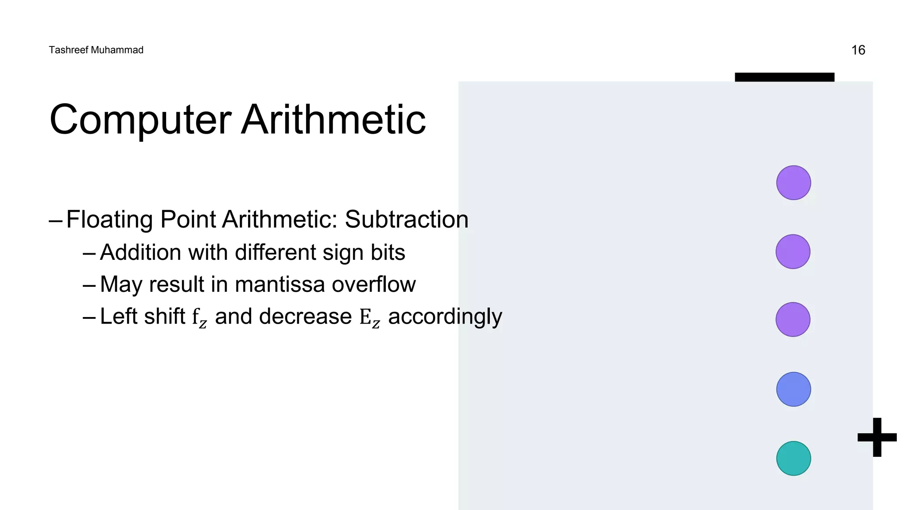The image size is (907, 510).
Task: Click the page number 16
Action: click(858, 50)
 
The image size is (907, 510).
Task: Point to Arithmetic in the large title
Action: click(333, 120)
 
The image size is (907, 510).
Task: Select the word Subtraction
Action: click(406, 220)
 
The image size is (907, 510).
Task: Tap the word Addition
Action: click(140, 252)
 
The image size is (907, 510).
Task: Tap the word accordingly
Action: click(445, 317)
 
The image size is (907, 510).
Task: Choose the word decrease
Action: click(305, 317)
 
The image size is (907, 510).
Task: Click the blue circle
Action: click(793, 389)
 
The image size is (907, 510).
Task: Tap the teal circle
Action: click(793, 458)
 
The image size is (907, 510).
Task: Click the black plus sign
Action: click(877, 437)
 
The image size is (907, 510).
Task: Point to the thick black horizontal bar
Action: click(784, 77)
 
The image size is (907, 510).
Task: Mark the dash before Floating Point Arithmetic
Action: click(56, 220)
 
